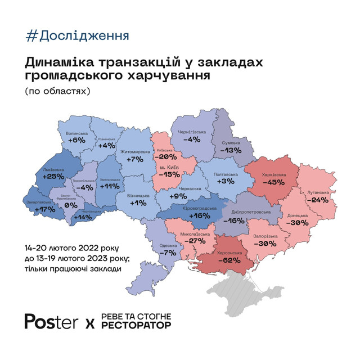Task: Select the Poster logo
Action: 51,321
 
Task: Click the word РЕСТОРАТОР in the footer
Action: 136,325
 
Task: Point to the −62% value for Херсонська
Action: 237,261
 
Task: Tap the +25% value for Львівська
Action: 53,176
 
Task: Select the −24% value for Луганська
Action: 318,200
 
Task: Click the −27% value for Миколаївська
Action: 188,241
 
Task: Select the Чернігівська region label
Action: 192,132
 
